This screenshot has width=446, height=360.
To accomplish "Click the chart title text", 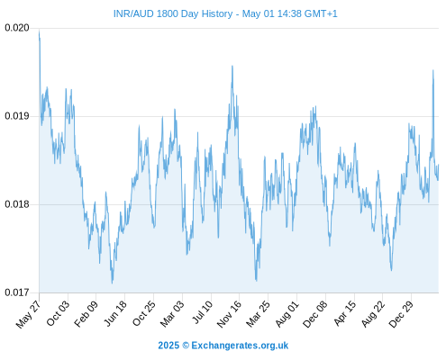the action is [225, 13].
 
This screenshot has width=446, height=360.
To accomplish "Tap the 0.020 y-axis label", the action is [17, 28].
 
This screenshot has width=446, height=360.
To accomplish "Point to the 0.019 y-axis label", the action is [17, 116].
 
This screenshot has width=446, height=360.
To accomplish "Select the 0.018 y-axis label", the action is [17, 204].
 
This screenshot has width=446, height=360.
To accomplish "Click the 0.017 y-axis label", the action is [17, 292].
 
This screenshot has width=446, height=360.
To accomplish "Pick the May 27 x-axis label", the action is [28, 314].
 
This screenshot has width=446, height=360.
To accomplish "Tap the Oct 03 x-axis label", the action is [58, 313].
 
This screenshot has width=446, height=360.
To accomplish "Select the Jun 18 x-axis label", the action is [115, 313].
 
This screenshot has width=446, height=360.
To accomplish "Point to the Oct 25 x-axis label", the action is [144, 313].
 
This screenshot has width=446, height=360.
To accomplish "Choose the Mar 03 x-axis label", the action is [172, 314].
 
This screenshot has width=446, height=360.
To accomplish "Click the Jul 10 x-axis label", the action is [203, 312].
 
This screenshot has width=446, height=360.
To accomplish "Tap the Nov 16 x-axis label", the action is [229, 314].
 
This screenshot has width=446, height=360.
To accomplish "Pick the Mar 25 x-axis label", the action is [258, 314].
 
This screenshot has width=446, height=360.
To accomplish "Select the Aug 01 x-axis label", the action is [287, 314].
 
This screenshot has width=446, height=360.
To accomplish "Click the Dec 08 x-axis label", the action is [315, 314].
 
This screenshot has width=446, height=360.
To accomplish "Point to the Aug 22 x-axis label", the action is [373, 314].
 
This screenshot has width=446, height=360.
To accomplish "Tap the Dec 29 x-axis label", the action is [401, 314].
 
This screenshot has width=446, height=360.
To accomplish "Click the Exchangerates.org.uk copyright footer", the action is [223, 346].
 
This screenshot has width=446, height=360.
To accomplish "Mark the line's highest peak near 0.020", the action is [39, 31].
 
